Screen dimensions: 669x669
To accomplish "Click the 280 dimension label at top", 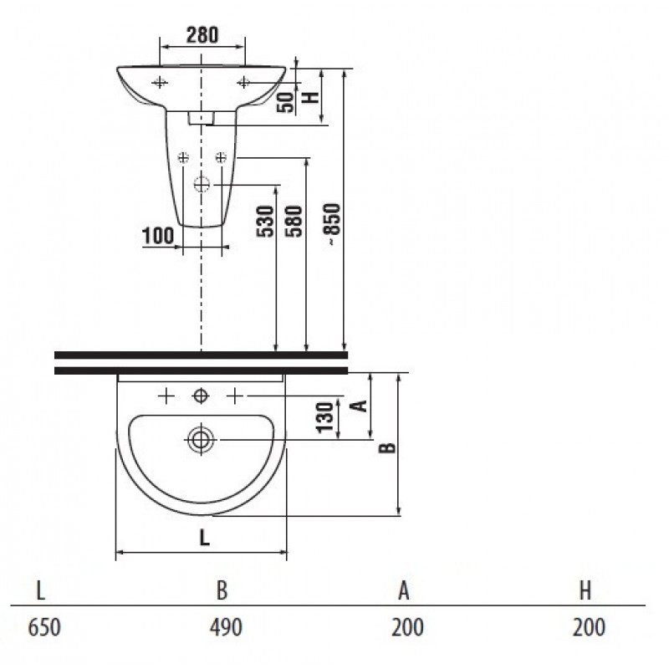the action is click(x=202, y=35).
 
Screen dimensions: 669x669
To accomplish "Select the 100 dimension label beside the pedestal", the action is click(x=158, y=236).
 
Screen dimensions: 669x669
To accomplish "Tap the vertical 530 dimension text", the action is click(x=265, y=221).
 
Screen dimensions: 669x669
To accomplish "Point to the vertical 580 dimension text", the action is click(x=294, y=221).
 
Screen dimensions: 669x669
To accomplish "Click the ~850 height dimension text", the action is click(x=332, y=223).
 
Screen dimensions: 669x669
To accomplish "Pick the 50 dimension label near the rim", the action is click(x=285, y=102).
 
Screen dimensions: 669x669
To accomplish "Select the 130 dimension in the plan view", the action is click(x=325, y=417).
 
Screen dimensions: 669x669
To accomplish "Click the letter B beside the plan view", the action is click(x=387, y=447).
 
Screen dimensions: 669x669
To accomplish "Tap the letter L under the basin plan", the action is click(x=205, y=538).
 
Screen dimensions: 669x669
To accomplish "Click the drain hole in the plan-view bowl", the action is click(x=201, y=440).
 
